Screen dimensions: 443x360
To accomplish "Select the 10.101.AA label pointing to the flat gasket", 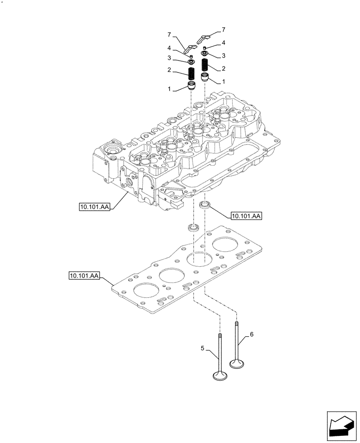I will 84,276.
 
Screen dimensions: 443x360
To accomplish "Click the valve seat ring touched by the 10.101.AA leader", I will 205,204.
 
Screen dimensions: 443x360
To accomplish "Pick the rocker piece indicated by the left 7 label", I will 190,47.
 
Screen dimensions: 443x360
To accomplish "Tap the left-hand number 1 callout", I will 169,89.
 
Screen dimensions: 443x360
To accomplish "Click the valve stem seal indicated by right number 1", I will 205,78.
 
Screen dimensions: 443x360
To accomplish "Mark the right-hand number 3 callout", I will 223,56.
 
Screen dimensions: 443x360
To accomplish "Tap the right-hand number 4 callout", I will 223,43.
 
